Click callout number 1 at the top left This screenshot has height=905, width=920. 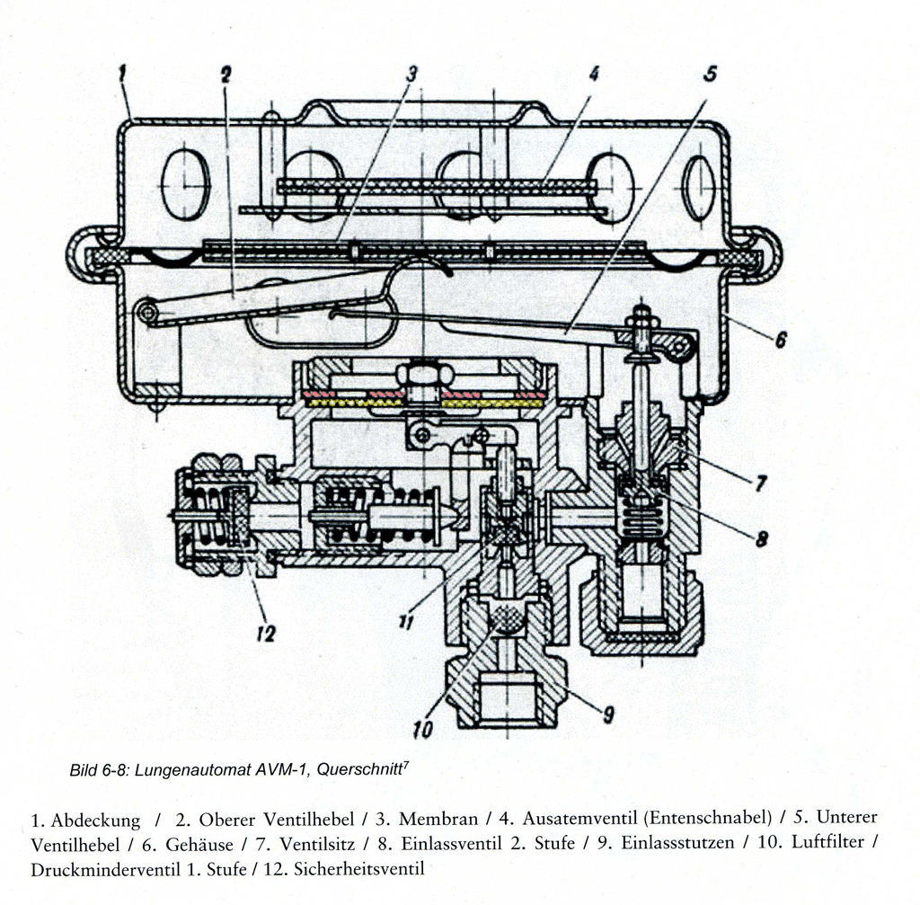122,74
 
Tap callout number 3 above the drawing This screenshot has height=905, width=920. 411,74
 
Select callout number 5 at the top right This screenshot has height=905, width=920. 710,74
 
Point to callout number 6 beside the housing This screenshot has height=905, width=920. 781,339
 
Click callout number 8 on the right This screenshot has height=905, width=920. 762,538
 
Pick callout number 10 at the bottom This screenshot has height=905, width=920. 422,730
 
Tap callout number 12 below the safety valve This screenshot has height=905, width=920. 266,634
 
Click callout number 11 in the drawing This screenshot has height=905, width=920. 406,621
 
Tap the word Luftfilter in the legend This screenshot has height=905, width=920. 827,842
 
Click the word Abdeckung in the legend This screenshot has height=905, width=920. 95,820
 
